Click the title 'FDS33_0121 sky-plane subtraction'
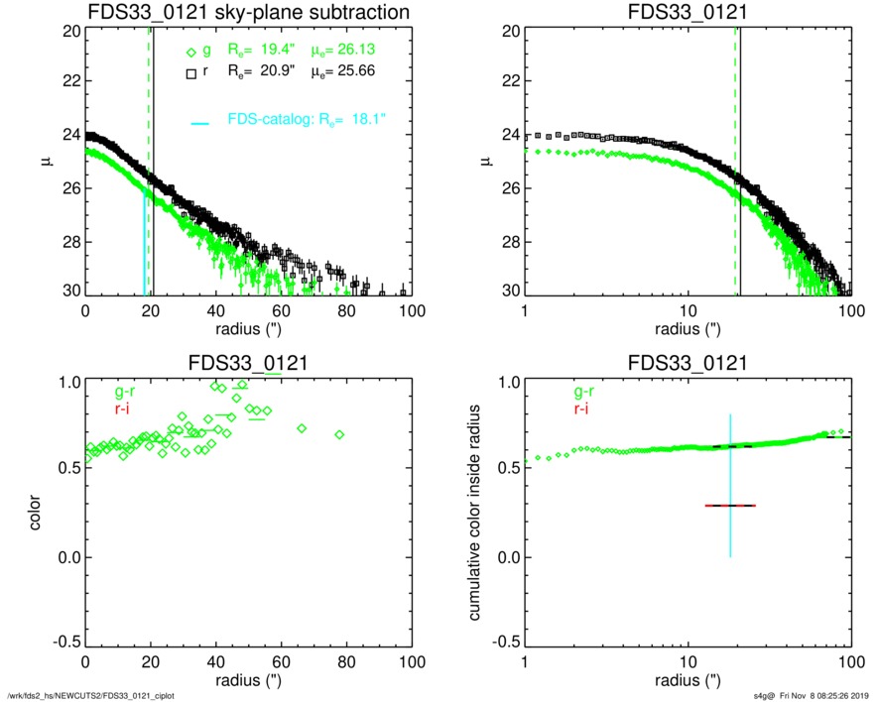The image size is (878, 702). coord(249,12)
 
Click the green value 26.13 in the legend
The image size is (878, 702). coord(373,50)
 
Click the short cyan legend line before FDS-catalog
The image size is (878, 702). coord(200,123)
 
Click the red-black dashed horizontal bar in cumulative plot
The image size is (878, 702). coord(730,506)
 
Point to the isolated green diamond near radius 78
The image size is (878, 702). coord(339,434)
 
